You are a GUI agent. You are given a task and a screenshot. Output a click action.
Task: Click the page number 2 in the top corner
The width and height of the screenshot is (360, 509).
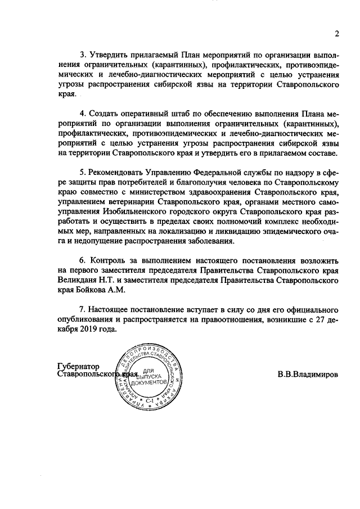click(x=336, y=33)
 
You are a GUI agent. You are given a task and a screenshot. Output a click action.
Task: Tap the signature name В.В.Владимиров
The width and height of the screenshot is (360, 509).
click(x=308, y=374)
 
